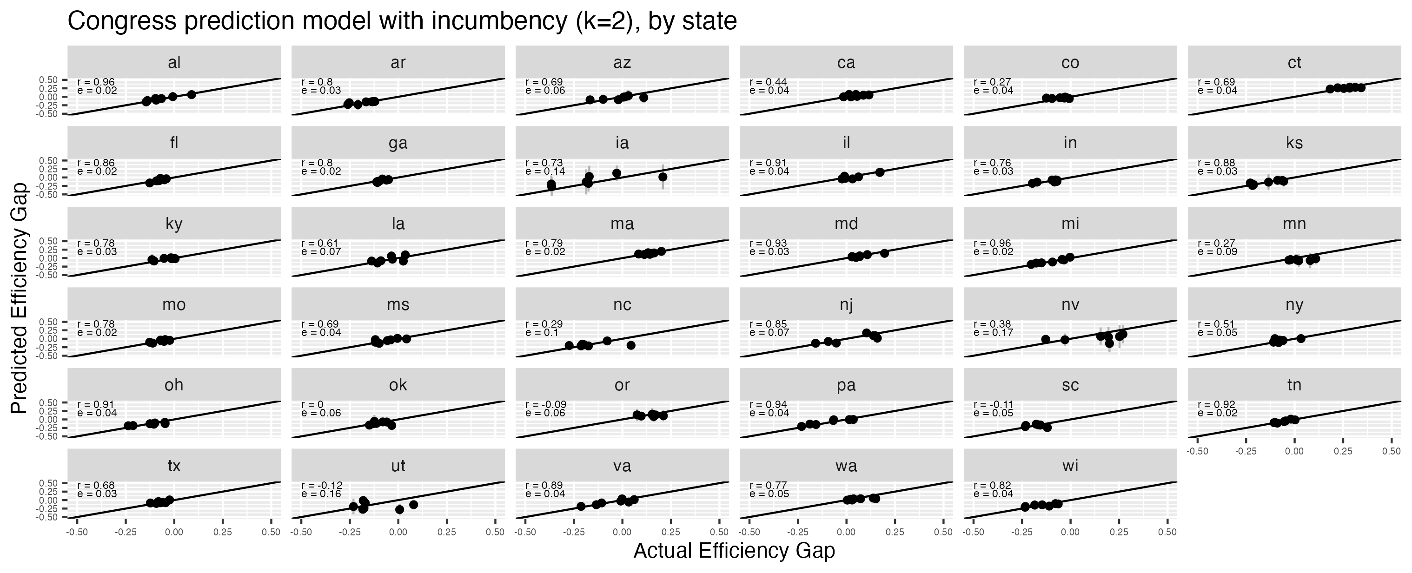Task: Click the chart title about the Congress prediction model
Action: tap(402, 21)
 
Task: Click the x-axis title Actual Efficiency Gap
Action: tap(734, 551)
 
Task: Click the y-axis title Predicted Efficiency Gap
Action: tap(19, 298)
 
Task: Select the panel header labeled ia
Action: tap(622, 143)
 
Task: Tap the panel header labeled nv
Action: tap(1070, 304)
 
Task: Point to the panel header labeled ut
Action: tap(398, 466)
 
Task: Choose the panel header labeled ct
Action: tap(1294, 62)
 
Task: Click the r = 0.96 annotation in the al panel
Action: tap(96, 83)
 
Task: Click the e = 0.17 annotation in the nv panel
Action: tap(993, 333)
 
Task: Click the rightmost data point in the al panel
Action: tap(191, 94)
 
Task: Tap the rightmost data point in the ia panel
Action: tap(663, 177)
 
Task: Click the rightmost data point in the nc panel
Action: tap(631, 345)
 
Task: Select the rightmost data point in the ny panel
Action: tap(1301, 338)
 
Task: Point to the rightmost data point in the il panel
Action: tap(880, 172)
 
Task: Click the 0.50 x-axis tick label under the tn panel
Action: tap(1391, 451)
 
